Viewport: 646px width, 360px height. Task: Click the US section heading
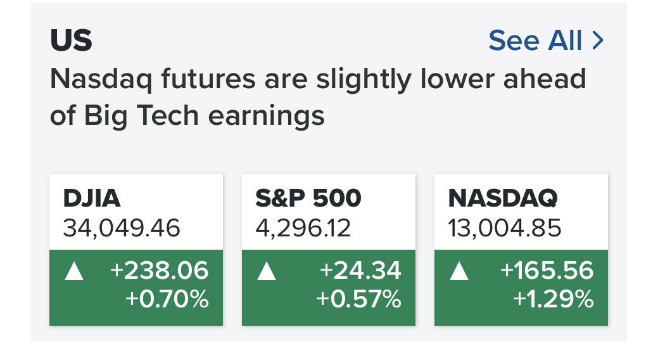tap(72, 40)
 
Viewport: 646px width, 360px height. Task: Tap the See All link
tap(535, 40)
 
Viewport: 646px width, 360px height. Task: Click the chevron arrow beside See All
tap(598, 41)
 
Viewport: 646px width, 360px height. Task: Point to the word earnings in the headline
tap(266, 116)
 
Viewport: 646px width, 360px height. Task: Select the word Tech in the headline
tap(168, 115)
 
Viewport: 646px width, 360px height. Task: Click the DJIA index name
tap(91, 198)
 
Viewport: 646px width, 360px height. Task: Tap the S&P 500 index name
tap(308, 198)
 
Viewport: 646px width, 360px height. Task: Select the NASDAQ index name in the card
tap(503, 198)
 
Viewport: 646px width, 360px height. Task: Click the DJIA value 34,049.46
tap(122, 228)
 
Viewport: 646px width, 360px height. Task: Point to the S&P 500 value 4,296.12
tap(303, 228)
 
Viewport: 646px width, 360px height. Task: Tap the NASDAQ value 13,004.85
tap(505, 228)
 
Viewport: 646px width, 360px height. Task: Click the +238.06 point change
tap(160, 271)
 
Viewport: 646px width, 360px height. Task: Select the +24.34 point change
tap(360, 271)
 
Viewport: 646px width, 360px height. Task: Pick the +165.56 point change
tap(547, 271)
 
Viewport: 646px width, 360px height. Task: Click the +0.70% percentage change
tap(167, 299)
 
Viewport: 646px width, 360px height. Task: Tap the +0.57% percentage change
tap(359, 299)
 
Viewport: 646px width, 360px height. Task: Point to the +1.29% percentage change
tap(554, 299)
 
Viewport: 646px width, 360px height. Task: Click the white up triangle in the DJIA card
tap(74, 272)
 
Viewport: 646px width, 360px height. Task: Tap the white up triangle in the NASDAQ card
tap(459, 272)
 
